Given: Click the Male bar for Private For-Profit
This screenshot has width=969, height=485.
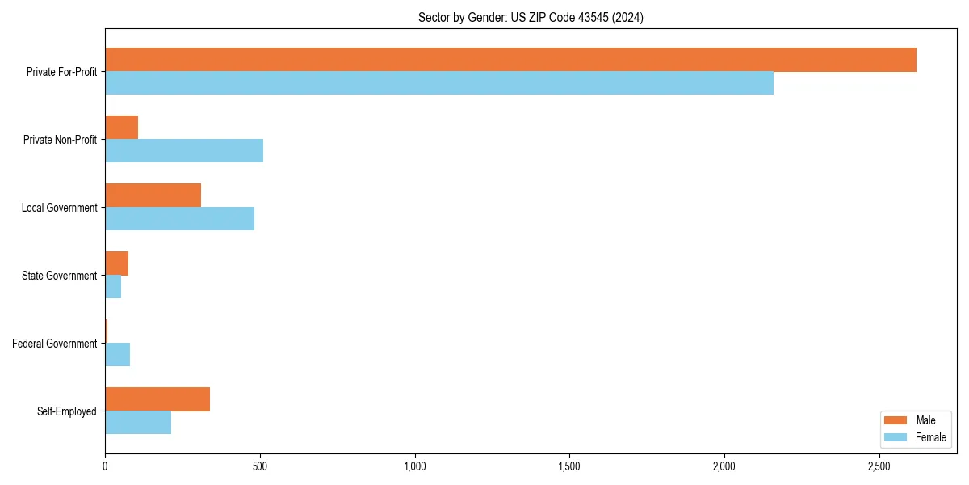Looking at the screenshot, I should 510,60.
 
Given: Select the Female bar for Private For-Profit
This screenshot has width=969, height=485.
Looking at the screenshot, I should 439,83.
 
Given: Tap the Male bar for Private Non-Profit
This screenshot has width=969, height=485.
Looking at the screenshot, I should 121,128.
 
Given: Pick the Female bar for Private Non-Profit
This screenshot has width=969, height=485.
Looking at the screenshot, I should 184,151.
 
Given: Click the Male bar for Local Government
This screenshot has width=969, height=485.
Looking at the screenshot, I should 153,196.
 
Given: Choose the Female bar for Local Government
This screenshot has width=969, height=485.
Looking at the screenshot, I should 179,219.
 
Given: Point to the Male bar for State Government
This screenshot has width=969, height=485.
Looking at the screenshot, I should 116,264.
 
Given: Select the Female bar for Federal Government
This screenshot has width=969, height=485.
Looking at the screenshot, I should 117,355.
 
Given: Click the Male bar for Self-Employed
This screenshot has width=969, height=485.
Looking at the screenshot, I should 157,399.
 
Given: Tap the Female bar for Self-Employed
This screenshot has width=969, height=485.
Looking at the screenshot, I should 138,423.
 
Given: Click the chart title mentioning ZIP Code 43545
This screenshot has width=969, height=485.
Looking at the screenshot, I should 531,18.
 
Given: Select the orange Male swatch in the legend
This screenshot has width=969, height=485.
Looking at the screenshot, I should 896,420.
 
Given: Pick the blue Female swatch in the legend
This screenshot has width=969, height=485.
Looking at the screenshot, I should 896,437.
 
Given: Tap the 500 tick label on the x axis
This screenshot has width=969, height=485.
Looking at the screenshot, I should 260,466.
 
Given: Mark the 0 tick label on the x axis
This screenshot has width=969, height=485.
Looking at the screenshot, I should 105,466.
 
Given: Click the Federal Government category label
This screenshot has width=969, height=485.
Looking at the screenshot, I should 55,344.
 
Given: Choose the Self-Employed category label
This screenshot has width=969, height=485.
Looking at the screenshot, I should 67,411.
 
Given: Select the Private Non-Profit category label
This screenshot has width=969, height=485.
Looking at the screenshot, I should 60,140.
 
